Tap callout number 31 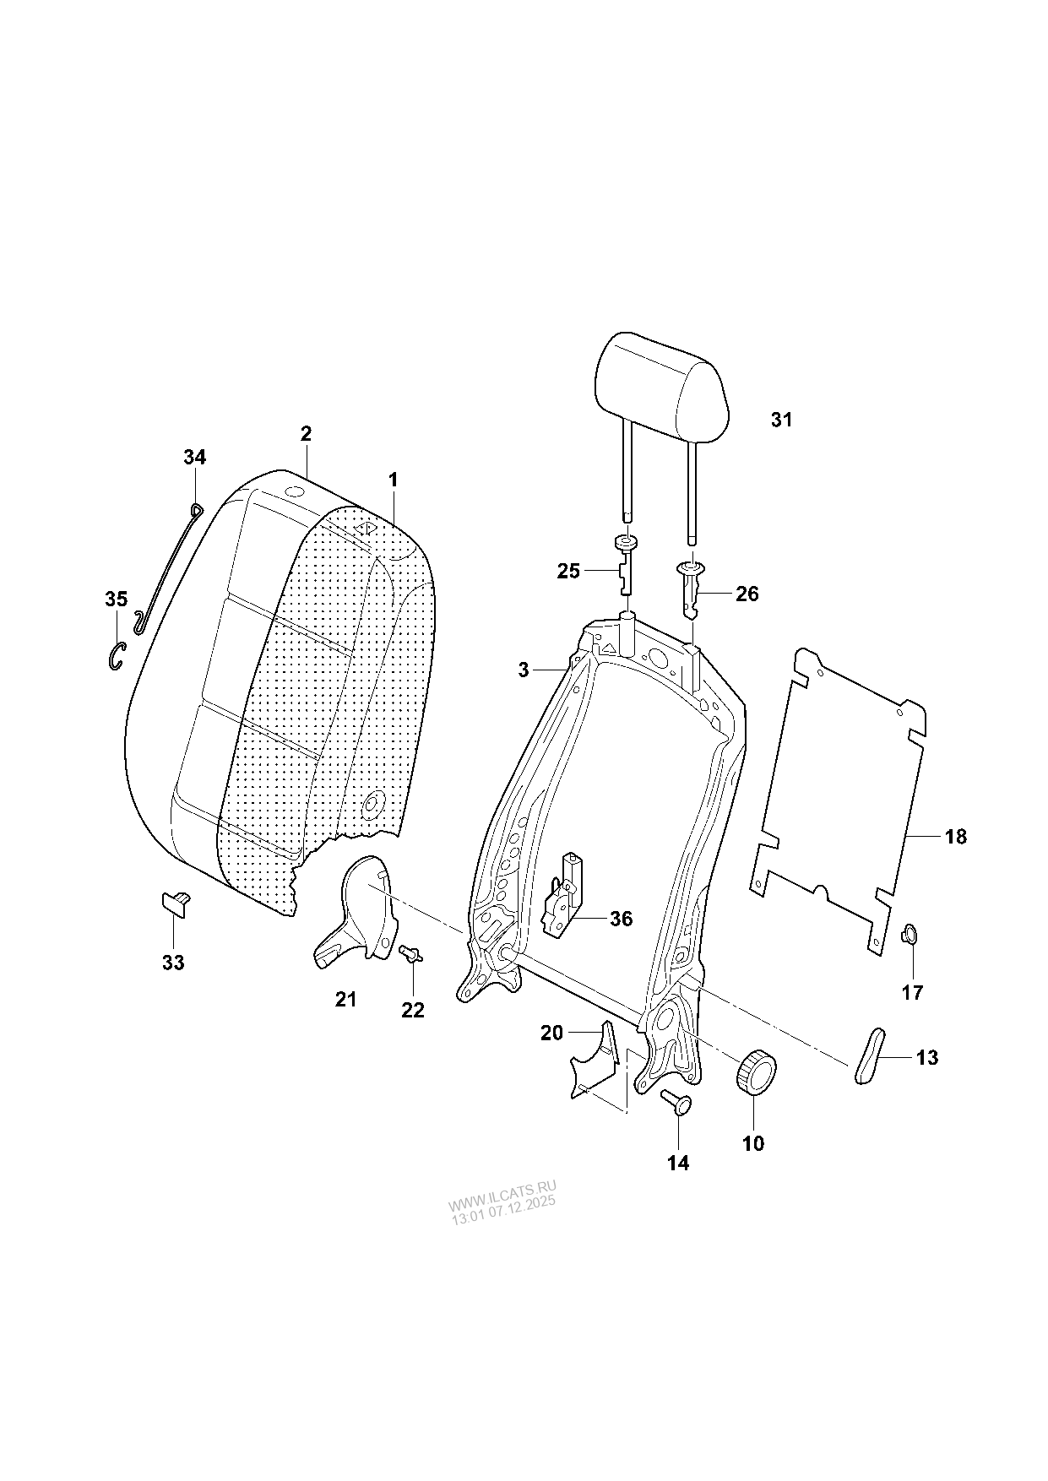[x=782, y=420]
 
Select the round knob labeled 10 [x=756, y=1072]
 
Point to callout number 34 [x=194, y=457]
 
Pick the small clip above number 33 [x=176, y=903]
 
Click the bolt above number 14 [x=676, y=1101]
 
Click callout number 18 [x=956, y=837]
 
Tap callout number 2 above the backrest [x=306, y=433]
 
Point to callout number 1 [x=393, y=479]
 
